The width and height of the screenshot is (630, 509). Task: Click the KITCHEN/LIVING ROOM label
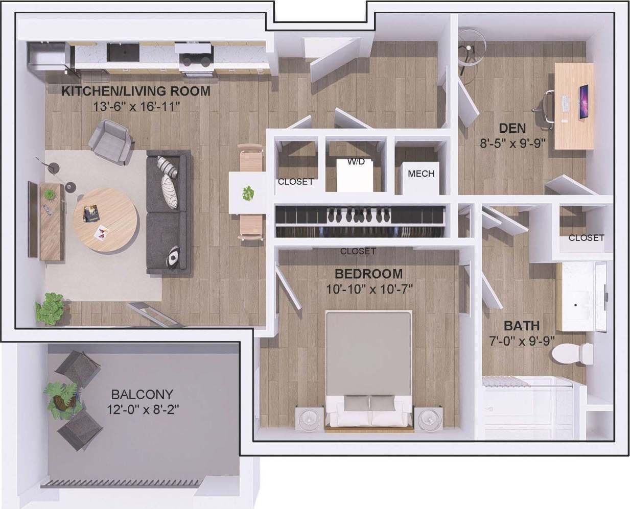(135, 91)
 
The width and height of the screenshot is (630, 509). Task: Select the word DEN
(512, 128)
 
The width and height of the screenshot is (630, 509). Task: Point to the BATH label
(521, 326)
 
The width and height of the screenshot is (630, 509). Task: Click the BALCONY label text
(142, 394)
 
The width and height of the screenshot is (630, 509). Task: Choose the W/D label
(356, 162)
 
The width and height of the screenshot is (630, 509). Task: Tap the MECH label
(421, 174)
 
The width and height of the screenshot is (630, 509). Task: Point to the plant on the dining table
(248, 193)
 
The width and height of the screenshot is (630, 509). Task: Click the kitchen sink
(123, 52)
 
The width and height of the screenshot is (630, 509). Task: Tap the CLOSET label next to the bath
(586, 237)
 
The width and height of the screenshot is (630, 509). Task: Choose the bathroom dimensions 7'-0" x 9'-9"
(521, 341)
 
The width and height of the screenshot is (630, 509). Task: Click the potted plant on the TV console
(49, 193)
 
